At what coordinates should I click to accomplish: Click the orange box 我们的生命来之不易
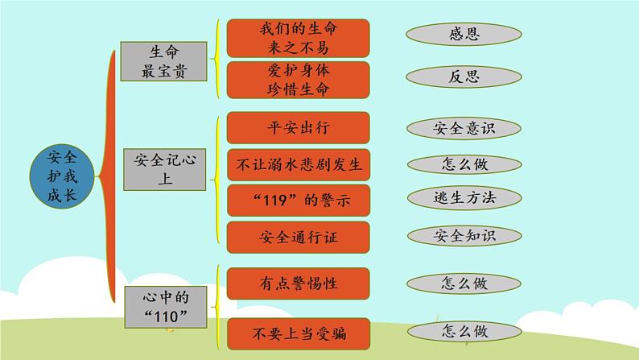click(x=298, y=38)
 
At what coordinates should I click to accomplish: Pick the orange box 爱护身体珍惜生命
click(x=298, y=78)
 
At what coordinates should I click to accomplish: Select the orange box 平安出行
click(x=298, y=128)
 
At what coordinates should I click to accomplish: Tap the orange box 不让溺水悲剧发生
click(x=298, y=164)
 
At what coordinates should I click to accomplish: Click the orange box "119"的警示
click(x=298, y=200)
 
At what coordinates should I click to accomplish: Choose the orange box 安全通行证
click(x=298, y=236)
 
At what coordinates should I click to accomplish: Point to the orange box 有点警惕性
click(x=298, y=283)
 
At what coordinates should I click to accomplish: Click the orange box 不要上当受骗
click(x=298, y=332)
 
